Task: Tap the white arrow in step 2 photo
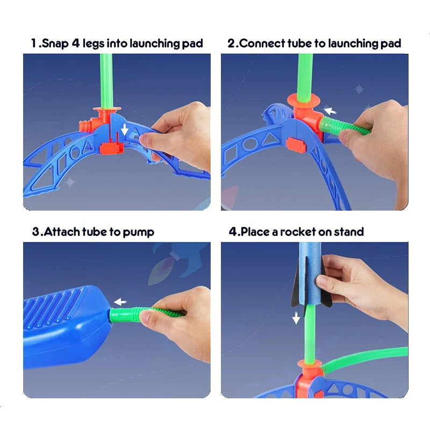[330, 111]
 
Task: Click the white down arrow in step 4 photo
[296, 319]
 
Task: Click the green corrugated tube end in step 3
[123, 315]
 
